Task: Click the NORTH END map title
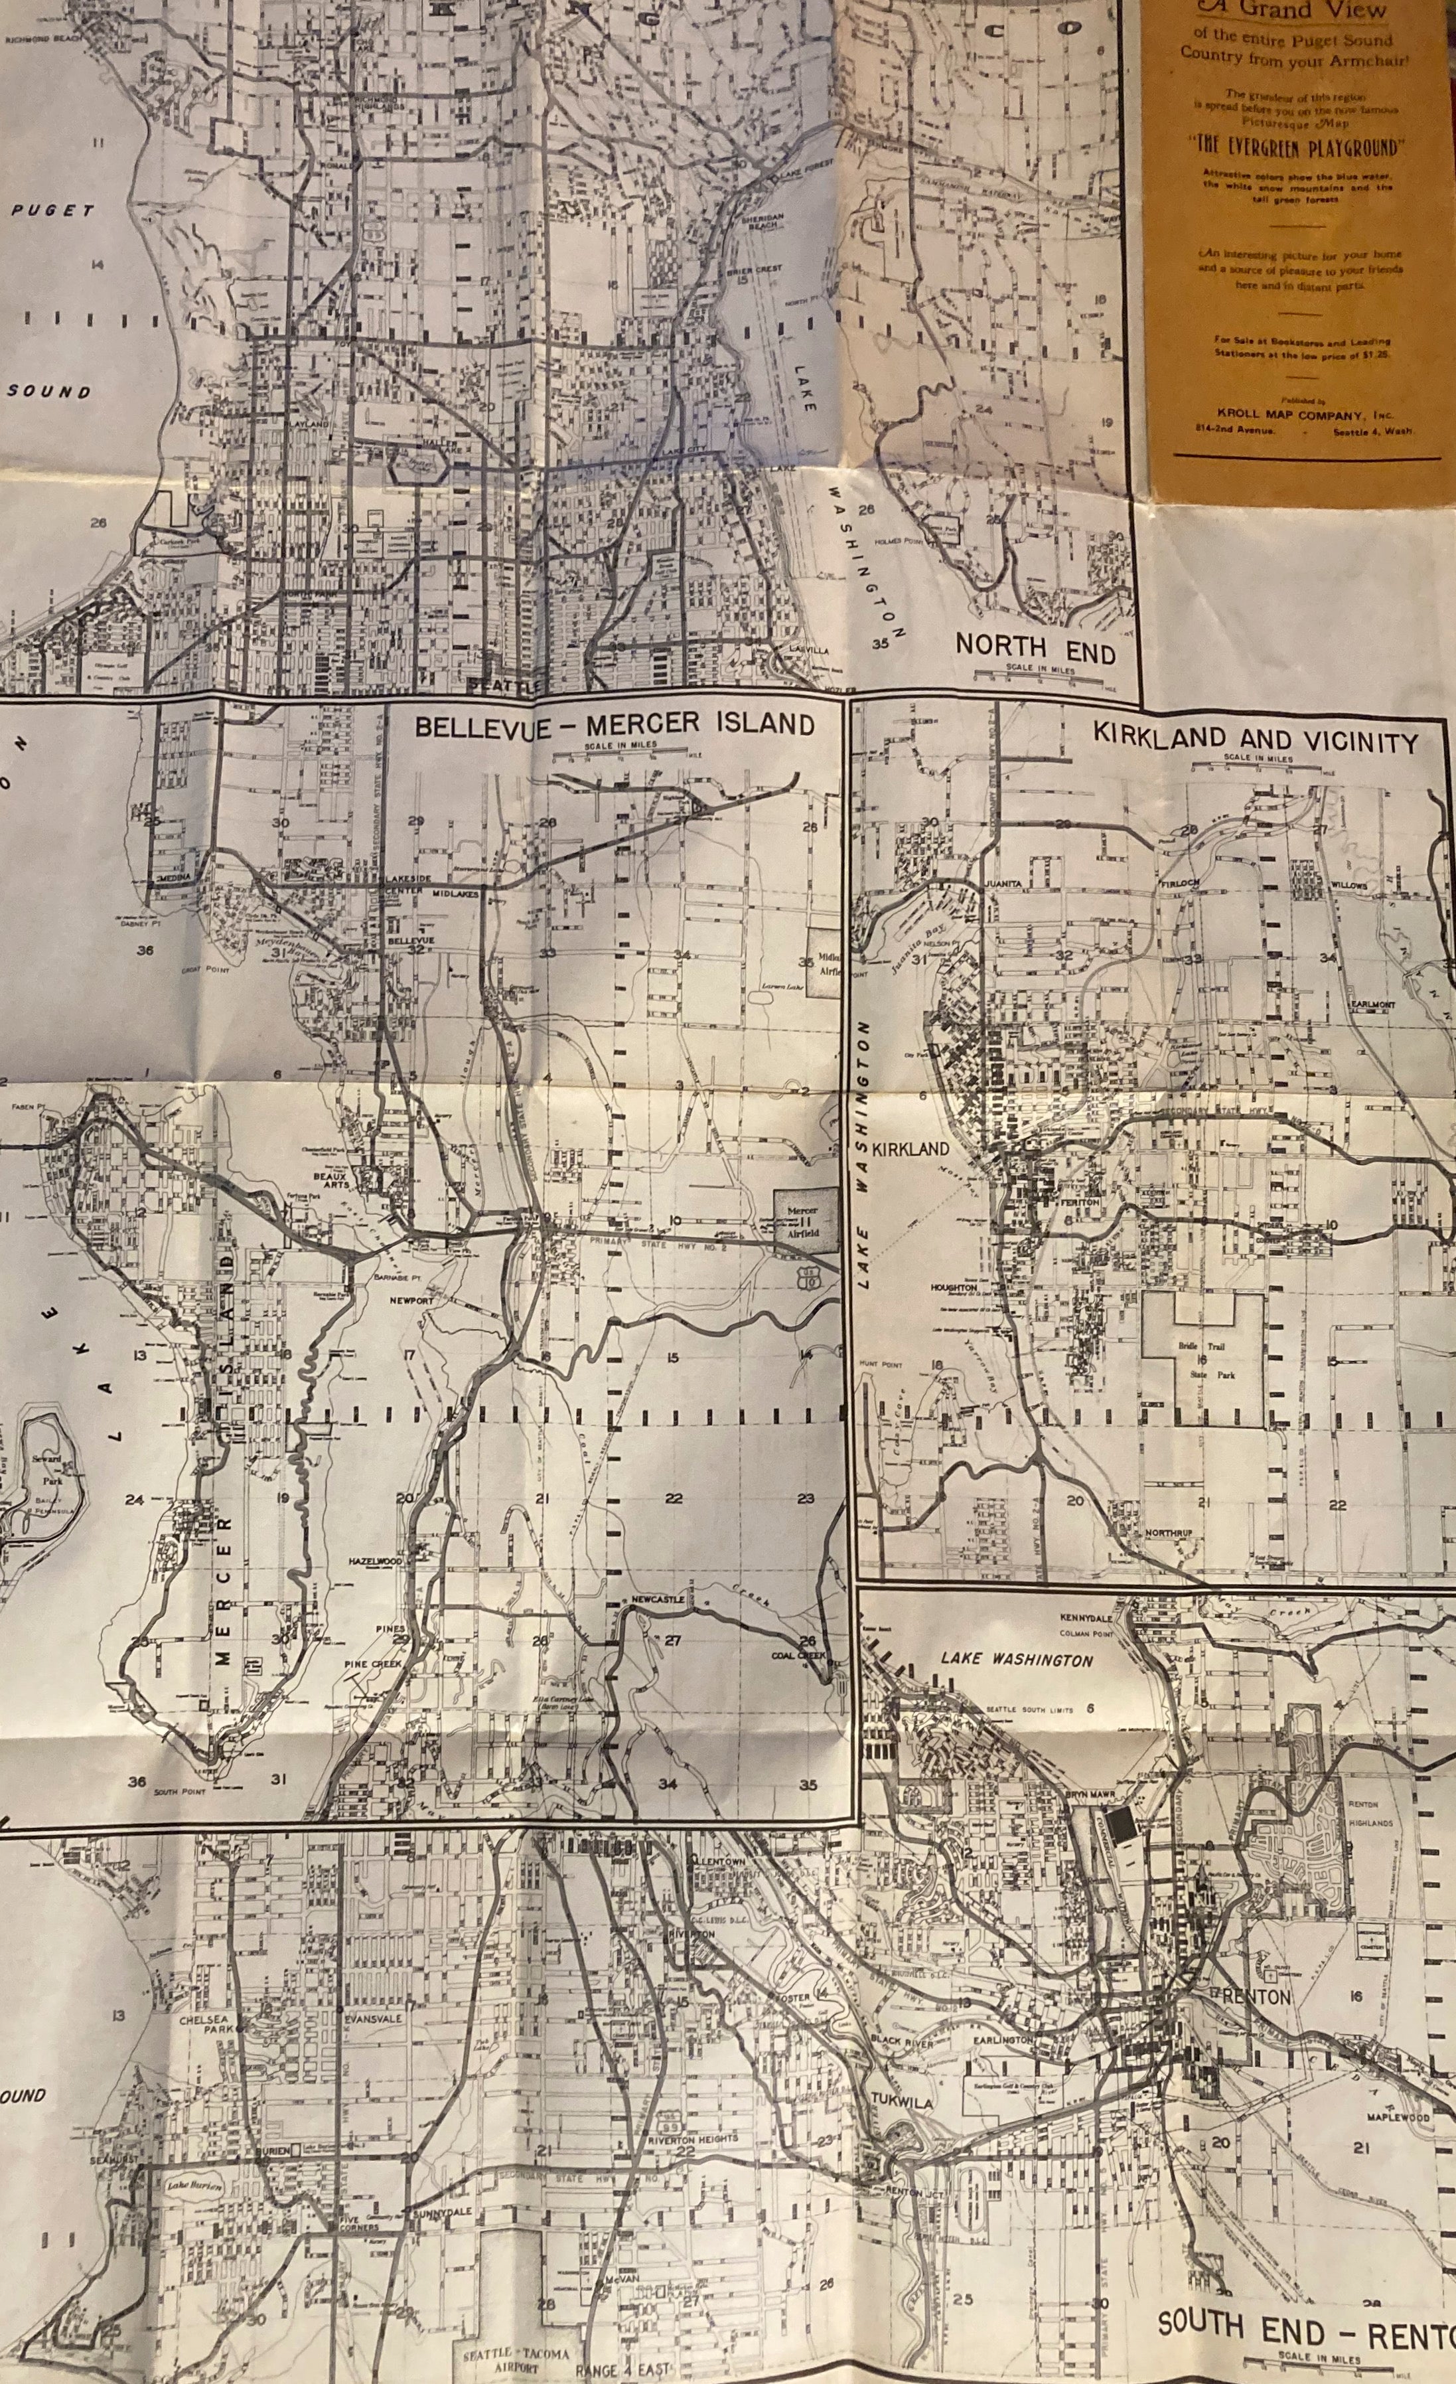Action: [1035, 648]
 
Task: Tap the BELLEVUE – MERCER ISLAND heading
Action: [615, 725]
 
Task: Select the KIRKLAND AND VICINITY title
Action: [1255, 738]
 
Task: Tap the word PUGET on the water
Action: [52, 210]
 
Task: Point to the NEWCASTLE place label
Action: [658, 1601]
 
